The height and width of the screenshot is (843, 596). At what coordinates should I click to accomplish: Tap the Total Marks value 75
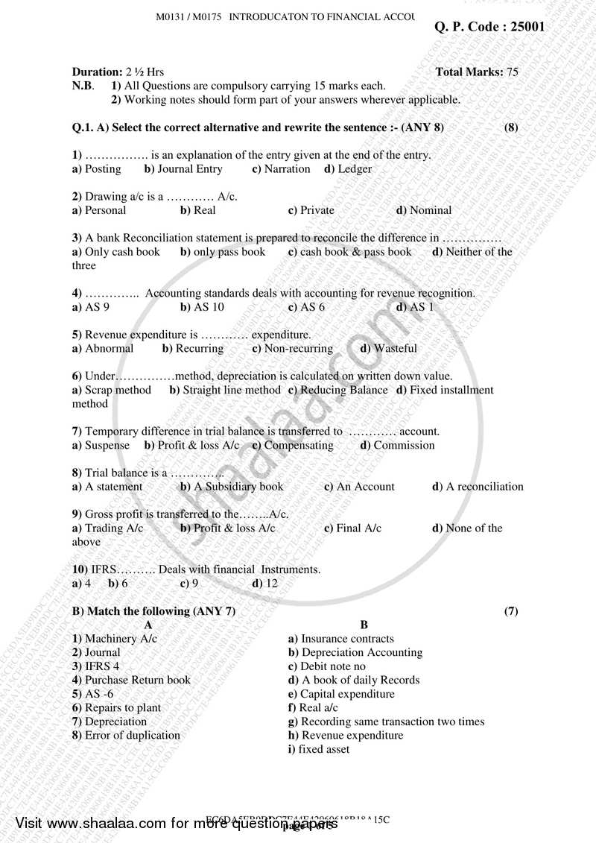pyautogui.click(x=512, y=72)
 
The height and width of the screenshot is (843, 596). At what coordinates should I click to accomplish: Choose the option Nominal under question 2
pyautogui.click(x=430, y=210)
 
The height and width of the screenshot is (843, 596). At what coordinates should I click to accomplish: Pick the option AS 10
pyautogui.click(x=208, y=307)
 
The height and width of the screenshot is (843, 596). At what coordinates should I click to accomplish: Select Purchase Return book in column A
pyautogui.click(x=137, y=680)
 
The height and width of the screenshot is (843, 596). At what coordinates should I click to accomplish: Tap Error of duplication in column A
pyautogui.click(x=132, y=735)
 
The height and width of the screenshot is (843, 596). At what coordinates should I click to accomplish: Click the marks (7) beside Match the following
pyautogui.click(x=511, y=611)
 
